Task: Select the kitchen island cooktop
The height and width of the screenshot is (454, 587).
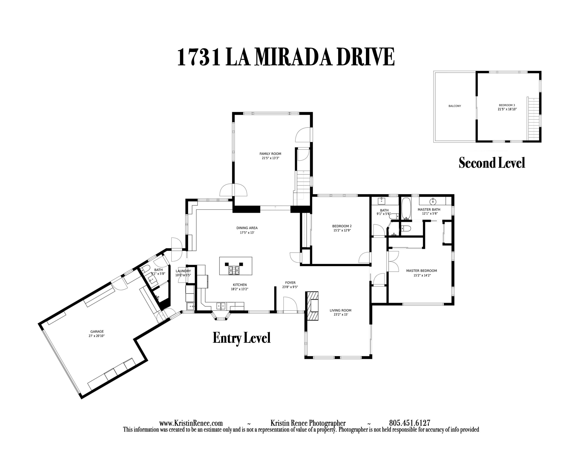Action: tap(234, 270)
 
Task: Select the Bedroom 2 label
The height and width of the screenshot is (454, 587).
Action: tap(342, 226)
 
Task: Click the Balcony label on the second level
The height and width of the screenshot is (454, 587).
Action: tap(455, 106)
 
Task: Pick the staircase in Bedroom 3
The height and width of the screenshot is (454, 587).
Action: tap(534, 118)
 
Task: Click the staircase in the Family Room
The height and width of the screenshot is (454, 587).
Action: tap(304, 182)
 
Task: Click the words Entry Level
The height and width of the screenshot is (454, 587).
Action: tap(241, 338)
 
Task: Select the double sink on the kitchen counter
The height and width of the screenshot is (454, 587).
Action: tap(221, 306)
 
